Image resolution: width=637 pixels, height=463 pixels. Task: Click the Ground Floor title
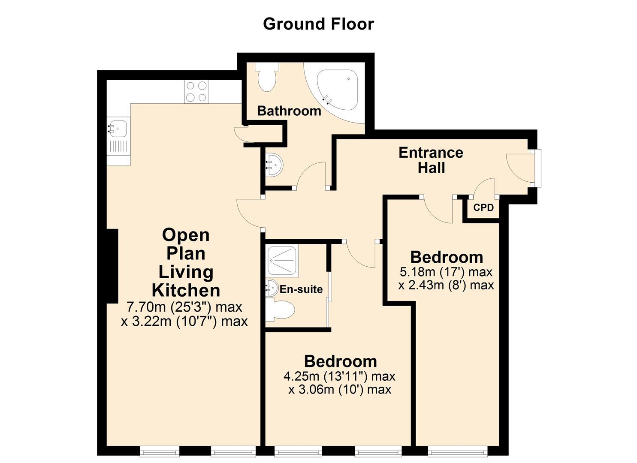click(318, 24)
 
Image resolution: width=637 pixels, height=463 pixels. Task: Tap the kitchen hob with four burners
click(196, 92)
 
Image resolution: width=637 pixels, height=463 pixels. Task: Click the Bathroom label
click(289, 111)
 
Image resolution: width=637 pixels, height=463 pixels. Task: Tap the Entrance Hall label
click(431, 160)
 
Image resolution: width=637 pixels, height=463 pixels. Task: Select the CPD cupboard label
click(483, 208)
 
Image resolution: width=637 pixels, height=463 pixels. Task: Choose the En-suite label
click(301, 289)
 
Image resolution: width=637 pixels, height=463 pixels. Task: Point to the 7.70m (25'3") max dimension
click(184, 307)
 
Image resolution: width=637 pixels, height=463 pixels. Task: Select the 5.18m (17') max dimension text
click(446, 272)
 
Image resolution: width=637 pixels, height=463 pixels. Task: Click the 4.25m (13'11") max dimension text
click(339, 376)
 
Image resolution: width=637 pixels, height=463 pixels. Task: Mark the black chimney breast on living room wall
click(112, 266)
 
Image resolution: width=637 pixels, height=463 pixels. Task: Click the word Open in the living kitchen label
click(186, 235)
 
